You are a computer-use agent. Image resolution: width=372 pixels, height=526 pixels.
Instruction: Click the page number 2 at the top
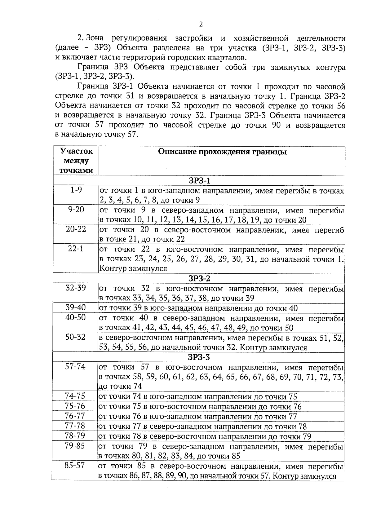201,25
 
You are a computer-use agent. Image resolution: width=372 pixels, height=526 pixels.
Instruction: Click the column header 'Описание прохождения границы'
222,152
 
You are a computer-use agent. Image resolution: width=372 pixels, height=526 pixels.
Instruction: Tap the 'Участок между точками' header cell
76,161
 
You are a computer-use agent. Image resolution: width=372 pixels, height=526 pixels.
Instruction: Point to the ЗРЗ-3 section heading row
199,357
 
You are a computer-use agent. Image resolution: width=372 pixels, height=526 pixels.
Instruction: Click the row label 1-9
76,190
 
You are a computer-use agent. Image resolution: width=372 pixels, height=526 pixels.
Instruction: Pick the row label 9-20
76,210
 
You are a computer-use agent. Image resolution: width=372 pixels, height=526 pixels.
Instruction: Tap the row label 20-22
76,229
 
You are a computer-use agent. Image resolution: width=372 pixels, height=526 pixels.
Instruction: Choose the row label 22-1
76,249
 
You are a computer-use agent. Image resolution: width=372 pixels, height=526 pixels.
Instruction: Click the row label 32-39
76,288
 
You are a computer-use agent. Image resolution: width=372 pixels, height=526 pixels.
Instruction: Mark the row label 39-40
76,308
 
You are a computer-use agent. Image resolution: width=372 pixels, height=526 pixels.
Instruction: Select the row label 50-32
75,337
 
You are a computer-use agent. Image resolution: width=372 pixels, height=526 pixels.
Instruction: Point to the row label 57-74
75,367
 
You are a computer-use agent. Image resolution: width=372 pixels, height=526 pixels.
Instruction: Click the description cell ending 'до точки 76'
200,407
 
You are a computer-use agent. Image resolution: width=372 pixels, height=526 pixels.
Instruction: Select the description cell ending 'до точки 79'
204,436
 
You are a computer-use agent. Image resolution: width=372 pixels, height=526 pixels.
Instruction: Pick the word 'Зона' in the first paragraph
95,38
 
